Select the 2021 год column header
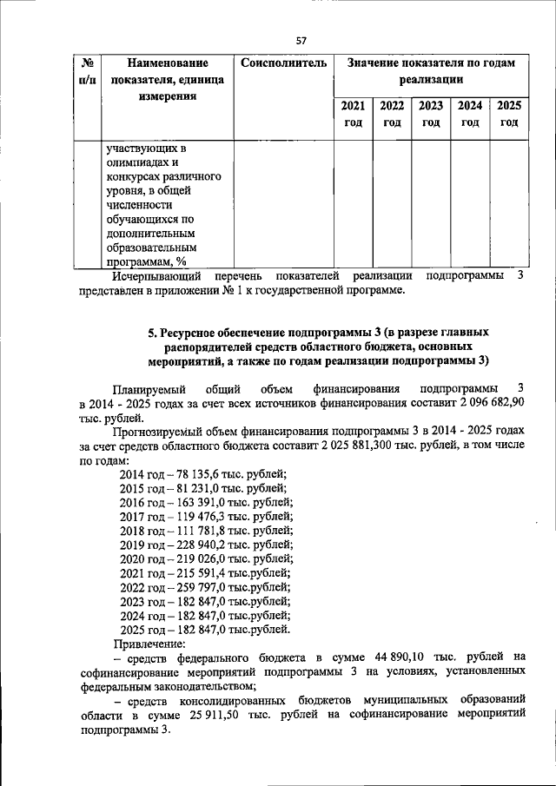(x=353, y=114)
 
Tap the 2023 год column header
(x=431, y=114)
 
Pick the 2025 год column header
(x=509, y=114)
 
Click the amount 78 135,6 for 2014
(x=207, y=473)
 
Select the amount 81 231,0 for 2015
(x=207, y=488)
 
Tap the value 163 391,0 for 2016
(x=210, y=502)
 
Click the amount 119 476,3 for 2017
(x=210, y=517)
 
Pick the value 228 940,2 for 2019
(x=210, y=545)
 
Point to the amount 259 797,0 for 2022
(x=210, y=587)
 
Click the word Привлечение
(x=150, y=644)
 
